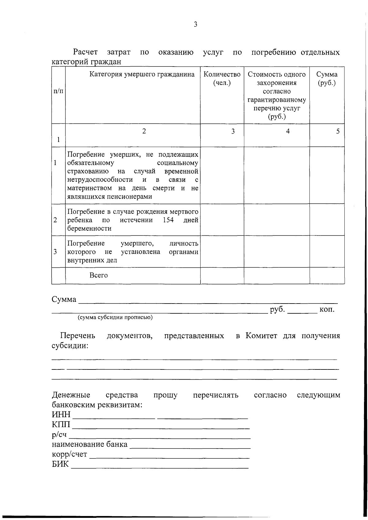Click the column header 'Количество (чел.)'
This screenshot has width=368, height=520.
coord(222,78)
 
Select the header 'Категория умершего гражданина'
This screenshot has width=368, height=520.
coord(142,74)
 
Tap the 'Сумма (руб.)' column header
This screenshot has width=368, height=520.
coord(327,78)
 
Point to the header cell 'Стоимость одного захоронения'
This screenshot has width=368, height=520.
coord(277,78)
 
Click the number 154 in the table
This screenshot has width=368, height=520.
coord(168,220)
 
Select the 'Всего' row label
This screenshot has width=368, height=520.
coord(98,275)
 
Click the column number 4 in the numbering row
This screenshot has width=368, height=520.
coord(288,131)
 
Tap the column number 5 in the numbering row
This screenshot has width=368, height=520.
coord(338,131)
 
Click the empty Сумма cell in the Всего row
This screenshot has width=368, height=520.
coord(327,275)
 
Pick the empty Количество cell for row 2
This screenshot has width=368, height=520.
coord(222,220)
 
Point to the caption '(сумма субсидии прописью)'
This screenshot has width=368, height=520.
coord(115,317)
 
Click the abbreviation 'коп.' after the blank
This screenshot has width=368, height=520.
coord(327,309)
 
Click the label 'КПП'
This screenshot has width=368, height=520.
coord(61,425)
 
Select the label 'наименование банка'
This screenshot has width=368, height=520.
coord(90,444)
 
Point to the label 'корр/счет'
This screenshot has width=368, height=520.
coord(69,454)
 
